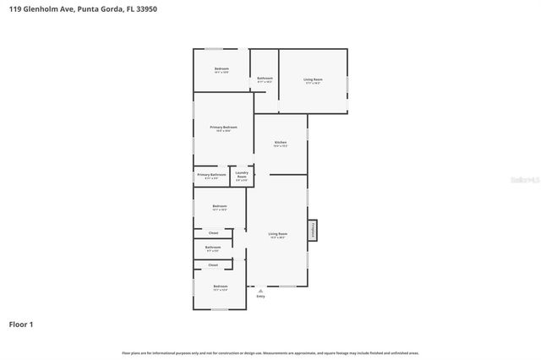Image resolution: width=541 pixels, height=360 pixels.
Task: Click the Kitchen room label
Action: tap(281, 143)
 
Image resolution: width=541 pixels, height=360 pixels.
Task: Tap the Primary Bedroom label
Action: tap(224, 127)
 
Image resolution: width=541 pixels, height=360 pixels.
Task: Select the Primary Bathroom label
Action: tap(211, 175)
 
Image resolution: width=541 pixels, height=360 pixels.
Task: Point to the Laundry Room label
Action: tap(242, 176)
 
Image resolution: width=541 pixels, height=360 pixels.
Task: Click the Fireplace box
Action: tap(312, 231)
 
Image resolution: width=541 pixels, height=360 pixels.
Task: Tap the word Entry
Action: tap(260, 297)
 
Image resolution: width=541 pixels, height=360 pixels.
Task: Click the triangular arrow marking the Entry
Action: tap(260, 291)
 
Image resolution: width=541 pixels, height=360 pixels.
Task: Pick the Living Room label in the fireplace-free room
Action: tap(313, 79)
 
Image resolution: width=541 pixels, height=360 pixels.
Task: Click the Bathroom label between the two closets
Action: tap(212, 248)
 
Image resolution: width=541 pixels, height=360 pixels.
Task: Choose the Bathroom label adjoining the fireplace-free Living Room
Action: tap(265, 78)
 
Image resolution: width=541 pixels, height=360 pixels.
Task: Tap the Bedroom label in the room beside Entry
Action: tap(221, 286)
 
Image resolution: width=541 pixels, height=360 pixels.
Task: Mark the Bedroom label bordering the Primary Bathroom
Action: tap(220, 206)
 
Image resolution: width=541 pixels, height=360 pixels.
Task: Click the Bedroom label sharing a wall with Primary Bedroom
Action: tap(221, 68)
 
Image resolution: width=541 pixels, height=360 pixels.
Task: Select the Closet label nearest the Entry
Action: tap(213, 265)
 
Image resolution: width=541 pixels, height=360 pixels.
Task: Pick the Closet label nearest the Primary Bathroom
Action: tap(213, 232)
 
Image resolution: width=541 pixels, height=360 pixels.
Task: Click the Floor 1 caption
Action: tap(21, 324)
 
